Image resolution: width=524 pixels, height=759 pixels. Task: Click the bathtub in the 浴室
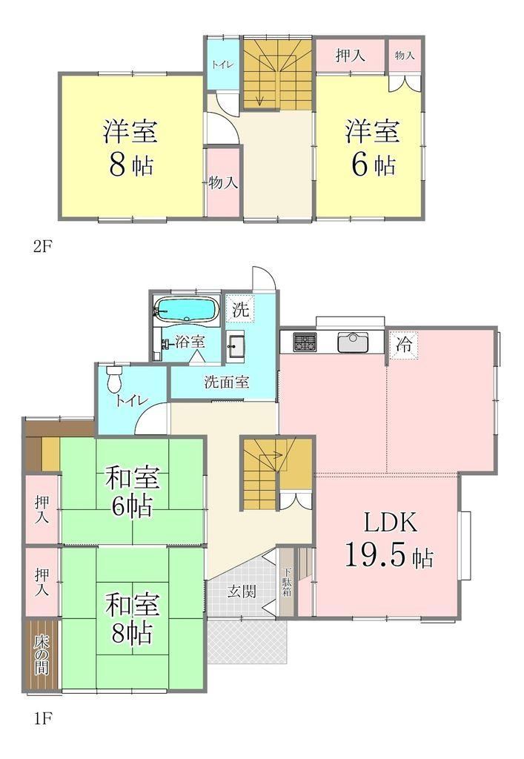click(187, 308)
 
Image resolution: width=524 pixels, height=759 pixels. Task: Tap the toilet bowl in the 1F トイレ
click(114, 379)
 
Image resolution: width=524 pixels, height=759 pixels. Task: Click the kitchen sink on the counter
click(353, 342)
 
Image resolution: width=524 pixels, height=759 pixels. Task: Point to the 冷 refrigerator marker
click(404, 345)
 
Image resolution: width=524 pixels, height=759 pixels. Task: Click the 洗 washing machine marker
click(240, 309)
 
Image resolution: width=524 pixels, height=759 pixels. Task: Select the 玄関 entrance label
click(242, 591)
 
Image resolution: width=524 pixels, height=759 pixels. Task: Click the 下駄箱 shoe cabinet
click(287, 581)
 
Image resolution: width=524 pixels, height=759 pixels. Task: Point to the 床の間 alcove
click(42, 654)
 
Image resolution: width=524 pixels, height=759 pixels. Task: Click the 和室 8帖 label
click(132, 618)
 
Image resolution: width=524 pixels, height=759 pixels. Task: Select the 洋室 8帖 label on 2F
click(130, 148)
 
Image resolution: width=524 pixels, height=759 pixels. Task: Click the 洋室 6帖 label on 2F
click(372, 148)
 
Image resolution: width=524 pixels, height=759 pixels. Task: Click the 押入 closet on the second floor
click(351, 56)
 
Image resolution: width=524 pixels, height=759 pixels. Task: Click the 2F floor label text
click(42, 246)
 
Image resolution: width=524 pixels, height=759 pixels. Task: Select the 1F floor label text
click(42, 730)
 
